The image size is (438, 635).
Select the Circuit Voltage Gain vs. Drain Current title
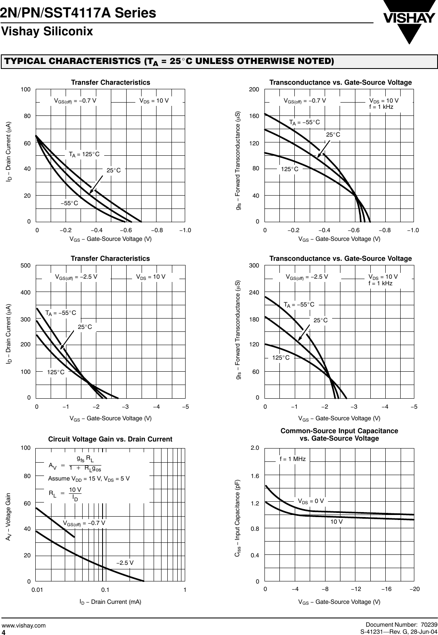pos(110,439)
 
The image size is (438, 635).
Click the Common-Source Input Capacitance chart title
pos(339,434)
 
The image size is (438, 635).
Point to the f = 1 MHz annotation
pos(292,459)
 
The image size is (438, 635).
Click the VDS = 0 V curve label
pos(311,501)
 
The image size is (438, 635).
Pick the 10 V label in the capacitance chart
pos(336,521)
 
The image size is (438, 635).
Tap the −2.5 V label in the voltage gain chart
pos(125,563)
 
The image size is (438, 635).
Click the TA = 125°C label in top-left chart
pos(84,154)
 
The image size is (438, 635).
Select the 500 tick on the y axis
pos(26,265)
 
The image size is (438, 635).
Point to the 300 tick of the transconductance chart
pos(254,265)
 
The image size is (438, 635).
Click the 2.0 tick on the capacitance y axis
pos(254,448)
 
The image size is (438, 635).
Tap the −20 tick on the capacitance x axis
pos(414,589)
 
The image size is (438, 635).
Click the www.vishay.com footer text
pos(24,625)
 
